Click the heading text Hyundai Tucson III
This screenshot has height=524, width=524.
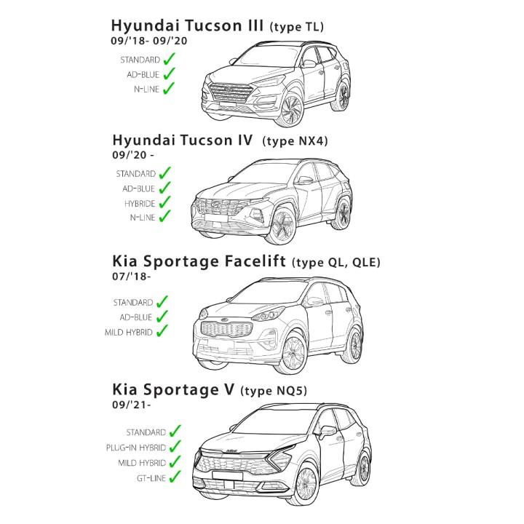click(x=187, y=25)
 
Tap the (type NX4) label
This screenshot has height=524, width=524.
click(x=295, y=140)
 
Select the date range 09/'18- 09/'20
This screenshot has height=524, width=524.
click(x=149, y=41)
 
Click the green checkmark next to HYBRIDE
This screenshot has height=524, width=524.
click(x=164, y=202)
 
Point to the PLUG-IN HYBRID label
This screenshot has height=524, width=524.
click(x=135, y=448)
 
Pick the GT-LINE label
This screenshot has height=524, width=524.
click(x=151, y=478)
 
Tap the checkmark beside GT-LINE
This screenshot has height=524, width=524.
click(x=175, y=476)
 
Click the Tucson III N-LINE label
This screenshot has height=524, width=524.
click(x=147, y=90)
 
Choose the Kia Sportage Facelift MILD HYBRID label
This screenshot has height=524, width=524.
click(x=129, y=333)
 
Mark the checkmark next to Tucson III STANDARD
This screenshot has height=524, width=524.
click(x=170, y=59)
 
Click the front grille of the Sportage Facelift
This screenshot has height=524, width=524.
click(x=226, y=330)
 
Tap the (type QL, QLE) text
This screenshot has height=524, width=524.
click(x=336, y=262)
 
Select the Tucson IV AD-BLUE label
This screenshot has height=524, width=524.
click(x=138, y=188)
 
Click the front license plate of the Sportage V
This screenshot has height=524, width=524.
click(x=228, y=475)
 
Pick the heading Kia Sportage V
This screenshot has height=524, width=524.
click(x=173, y=389)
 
